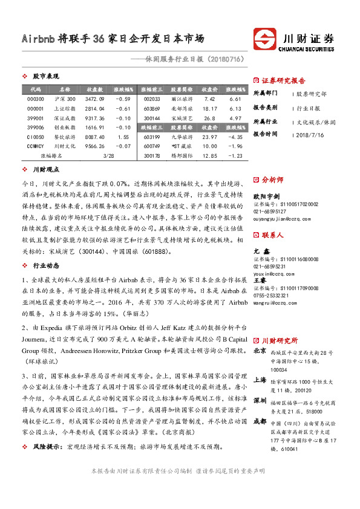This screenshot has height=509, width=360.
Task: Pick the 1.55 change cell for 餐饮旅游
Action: (123, 137)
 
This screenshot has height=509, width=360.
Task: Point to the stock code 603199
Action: (152, 137)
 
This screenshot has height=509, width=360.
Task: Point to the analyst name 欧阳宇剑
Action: (266, 196)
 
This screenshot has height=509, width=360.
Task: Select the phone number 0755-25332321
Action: (270, 277)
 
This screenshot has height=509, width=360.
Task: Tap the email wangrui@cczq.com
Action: (273, 285)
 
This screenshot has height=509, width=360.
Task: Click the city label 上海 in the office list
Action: (260, 380)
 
